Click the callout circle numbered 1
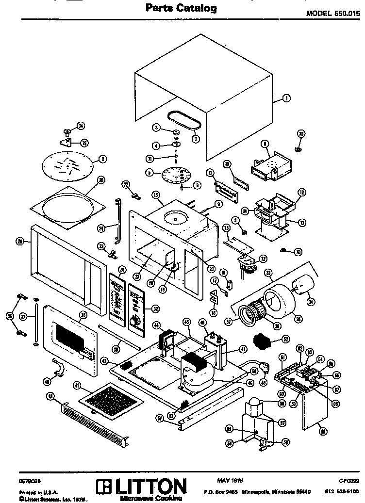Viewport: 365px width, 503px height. [x=286, y=98]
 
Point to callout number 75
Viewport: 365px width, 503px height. [x=300, y=133]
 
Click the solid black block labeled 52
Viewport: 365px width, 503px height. [x=265, y=341]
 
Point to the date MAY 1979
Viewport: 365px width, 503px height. [x=230, y=480]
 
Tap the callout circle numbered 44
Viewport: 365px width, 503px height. [x=156, y=324]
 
